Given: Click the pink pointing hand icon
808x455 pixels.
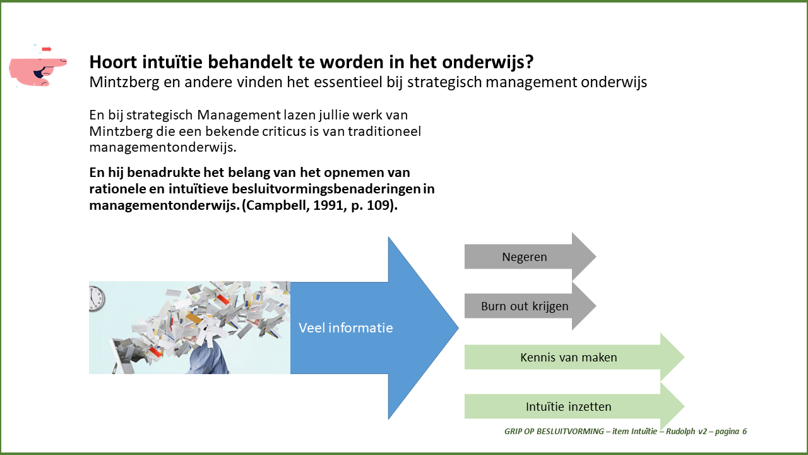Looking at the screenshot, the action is pos(37,71).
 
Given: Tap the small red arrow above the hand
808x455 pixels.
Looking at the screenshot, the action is pos(47,49).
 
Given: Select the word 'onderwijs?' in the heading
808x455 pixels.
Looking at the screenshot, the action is pos(488,63).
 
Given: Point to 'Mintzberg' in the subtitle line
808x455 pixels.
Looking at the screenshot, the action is pos(124,83).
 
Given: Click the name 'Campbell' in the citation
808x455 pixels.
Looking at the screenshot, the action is pos(276,205).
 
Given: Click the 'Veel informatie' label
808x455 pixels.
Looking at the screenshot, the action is pos(345,328).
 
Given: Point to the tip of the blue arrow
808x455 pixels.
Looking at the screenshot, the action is pos(458,328).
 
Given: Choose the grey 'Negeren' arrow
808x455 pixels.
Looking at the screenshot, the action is pos(530,257).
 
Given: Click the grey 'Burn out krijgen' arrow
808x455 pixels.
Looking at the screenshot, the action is pos(530,306).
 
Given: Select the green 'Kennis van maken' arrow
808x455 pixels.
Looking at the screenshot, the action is pos(574,357).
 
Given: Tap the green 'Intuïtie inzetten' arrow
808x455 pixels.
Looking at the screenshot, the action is pos(574,406).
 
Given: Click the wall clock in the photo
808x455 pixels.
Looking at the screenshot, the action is pos(97,299).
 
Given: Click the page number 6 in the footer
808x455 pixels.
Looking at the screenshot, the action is pos(744,431).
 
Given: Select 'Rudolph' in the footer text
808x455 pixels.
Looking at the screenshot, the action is pos(680,432).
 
